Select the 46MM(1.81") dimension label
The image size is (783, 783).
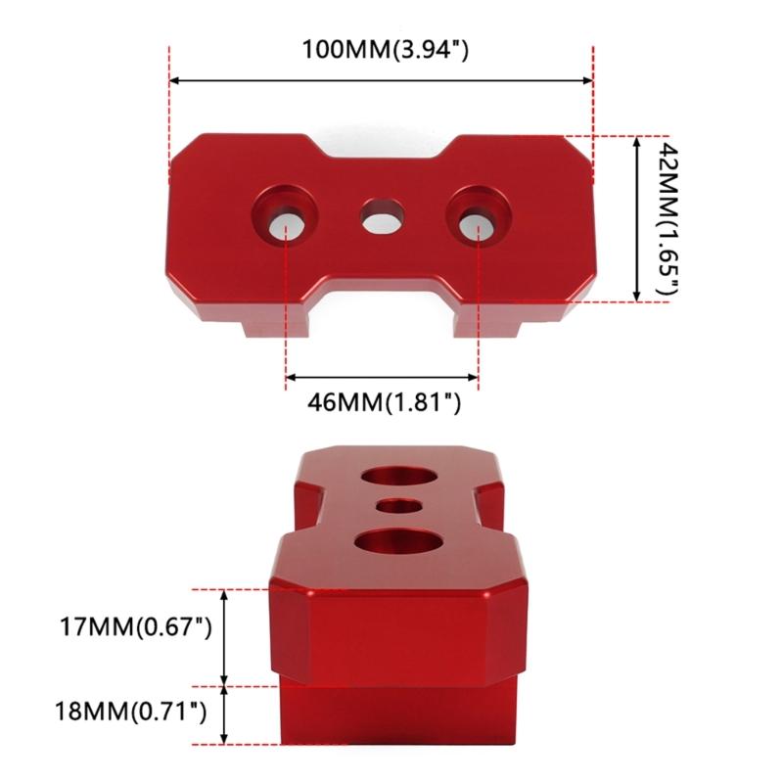coord(382,401)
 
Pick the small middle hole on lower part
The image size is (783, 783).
coord(397,507)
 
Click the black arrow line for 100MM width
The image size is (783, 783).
coord(382,81)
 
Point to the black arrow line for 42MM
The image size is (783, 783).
coord(638,218)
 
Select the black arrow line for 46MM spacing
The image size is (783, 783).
coord(382,376)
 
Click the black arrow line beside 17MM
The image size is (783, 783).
coord(226,636)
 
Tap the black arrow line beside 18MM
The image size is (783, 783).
coord(226,714)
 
